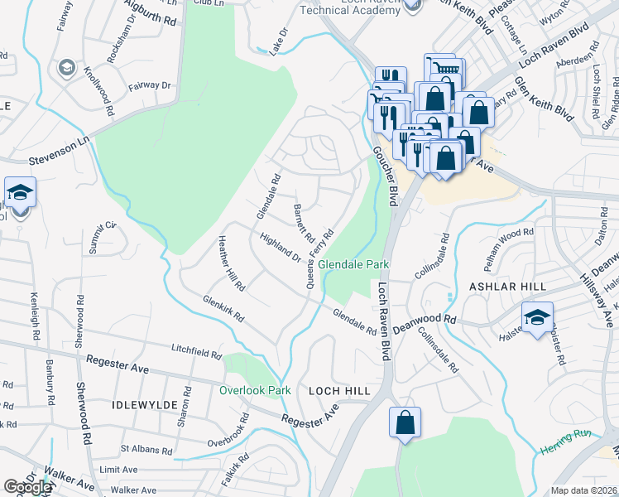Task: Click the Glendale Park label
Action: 355,264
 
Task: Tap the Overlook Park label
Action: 255,389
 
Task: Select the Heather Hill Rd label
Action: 231,263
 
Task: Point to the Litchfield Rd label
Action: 196,352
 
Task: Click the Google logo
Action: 27,487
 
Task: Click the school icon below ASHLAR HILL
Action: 537,316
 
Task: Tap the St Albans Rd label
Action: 146,451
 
